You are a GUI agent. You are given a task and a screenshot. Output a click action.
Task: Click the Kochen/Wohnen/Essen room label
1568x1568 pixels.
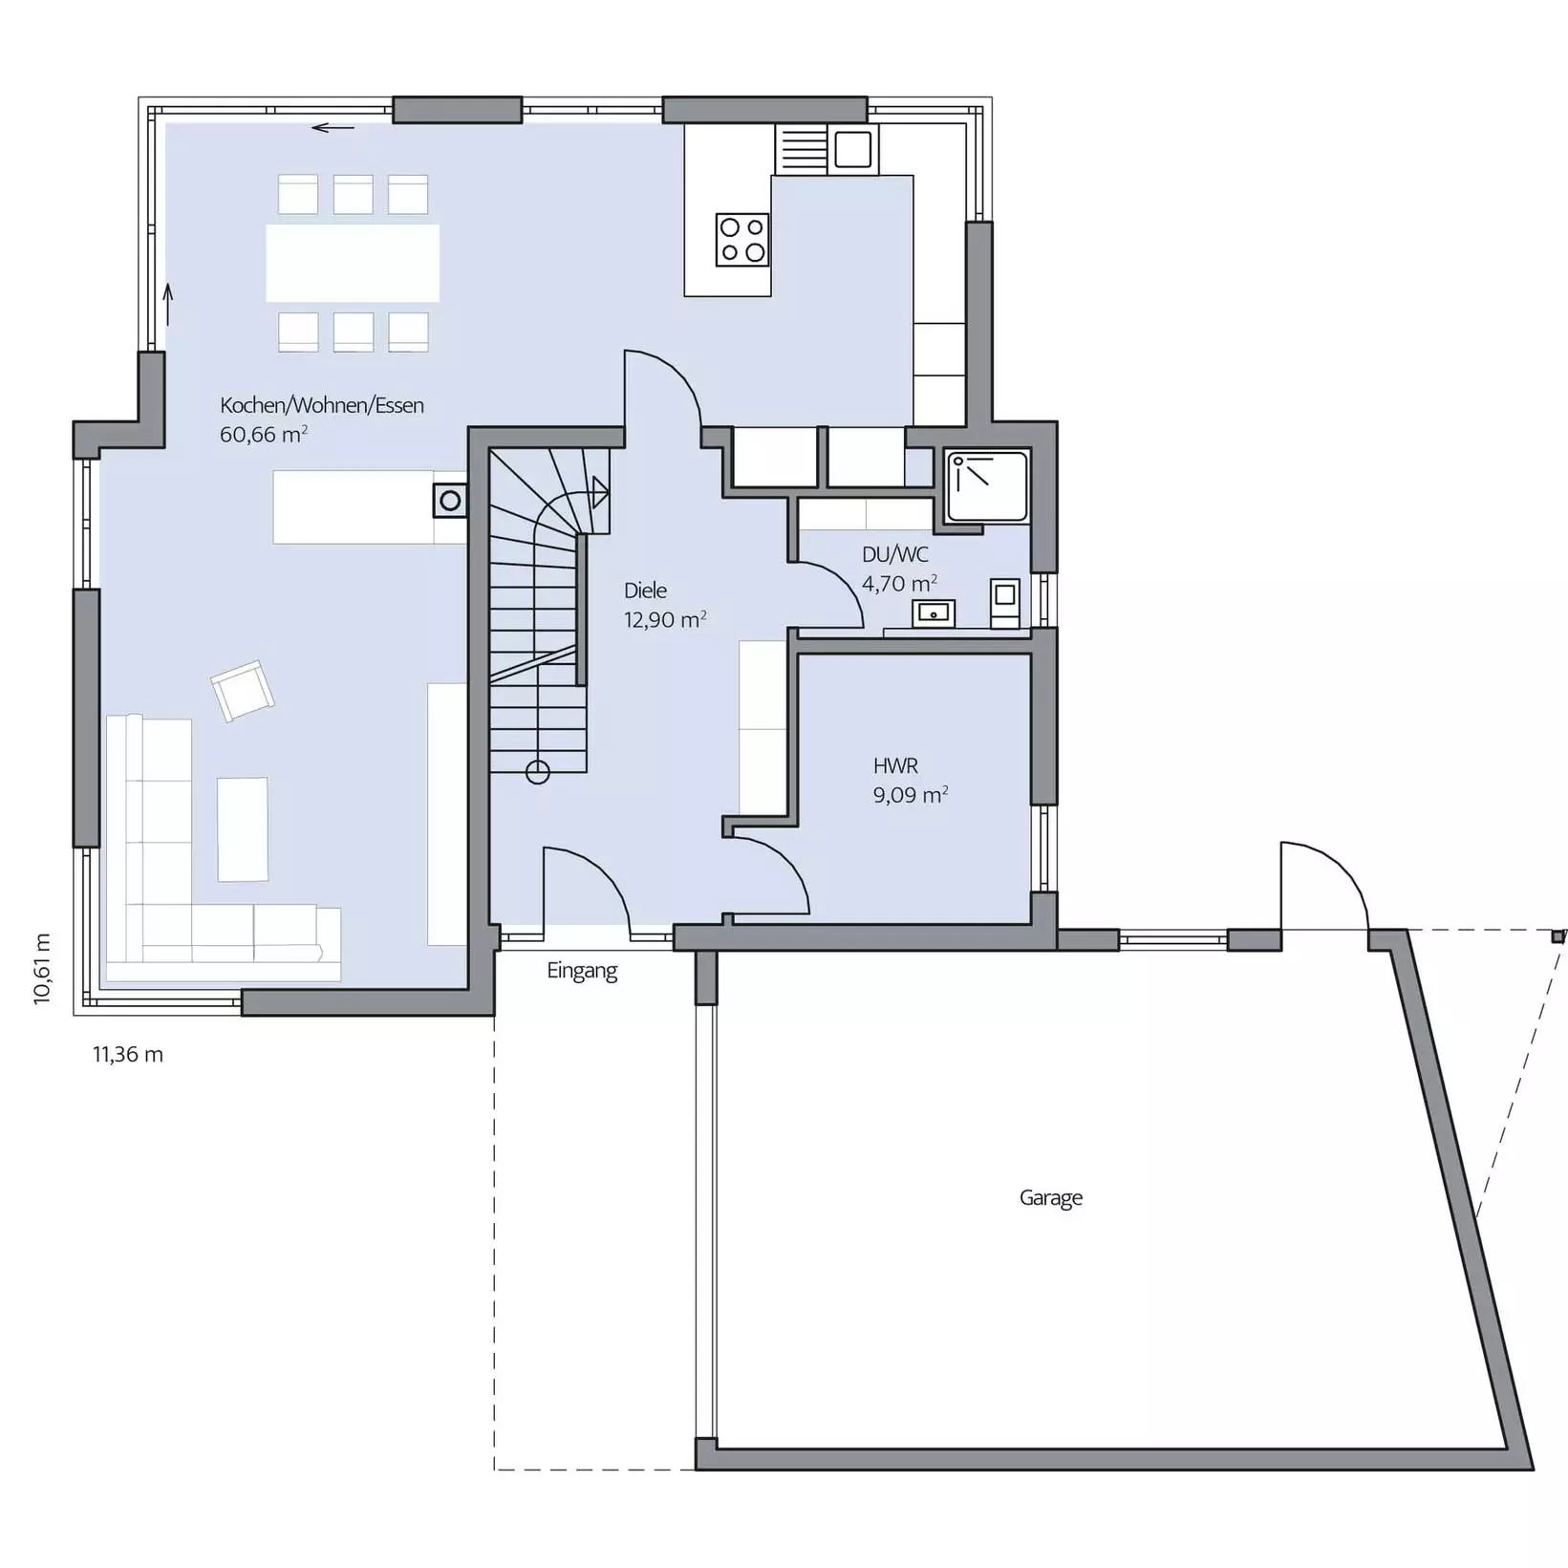click(322, 405)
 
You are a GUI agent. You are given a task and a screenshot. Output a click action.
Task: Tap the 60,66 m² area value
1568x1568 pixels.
click(264, 435)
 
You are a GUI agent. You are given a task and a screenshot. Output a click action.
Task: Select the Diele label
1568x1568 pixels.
click(645, 591)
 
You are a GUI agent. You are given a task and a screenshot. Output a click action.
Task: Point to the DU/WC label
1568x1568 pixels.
click(895, 554)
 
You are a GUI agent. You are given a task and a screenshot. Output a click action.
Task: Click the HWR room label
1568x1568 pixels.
click(895, 765)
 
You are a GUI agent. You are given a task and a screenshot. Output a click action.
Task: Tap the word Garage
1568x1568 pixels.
click(1051, 1198)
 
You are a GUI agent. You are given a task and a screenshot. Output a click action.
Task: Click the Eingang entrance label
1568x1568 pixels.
click(582, 971)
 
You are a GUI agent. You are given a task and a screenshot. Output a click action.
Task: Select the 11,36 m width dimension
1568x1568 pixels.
click(128, 1055)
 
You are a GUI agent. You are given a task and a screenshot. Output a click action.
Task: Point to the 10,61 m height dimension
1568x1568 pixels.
click(42, 969)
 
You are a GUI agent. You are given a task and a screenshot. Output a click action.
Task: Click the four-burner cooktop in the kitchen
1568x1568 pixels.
click(742, 239)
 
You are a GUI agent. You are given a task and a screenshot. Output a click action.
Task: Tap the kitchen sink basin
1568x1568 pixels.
click(852, 149)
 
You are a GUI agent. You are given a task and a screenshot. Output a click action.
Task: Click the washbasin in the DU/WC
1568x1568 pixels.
click(934, 612)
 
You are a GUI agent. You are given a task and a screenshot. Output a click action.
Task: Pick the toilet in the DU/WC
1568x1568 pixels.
click(1004, 603)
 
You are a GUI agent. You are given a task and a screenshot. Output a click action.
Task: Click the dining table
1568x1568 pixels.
click(353, 263)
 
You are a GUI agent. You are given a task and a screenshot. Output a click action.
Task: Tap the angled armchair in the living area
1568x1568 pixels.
click(243, 690)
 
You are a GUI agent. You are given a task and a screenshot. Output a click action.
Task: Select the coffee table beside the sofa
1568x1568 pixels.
click(243, 829)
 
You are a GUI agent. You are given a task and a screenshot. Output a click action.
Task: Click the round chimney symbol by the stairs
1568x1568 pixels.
click(450, 500)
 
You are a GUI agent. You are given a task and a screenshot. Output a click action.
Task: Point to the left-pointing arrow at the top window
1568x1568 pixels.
click(333, 127)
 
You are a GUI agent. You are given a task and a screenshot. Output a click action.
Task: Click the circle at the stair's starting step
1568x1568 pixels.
click(538, 772)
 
